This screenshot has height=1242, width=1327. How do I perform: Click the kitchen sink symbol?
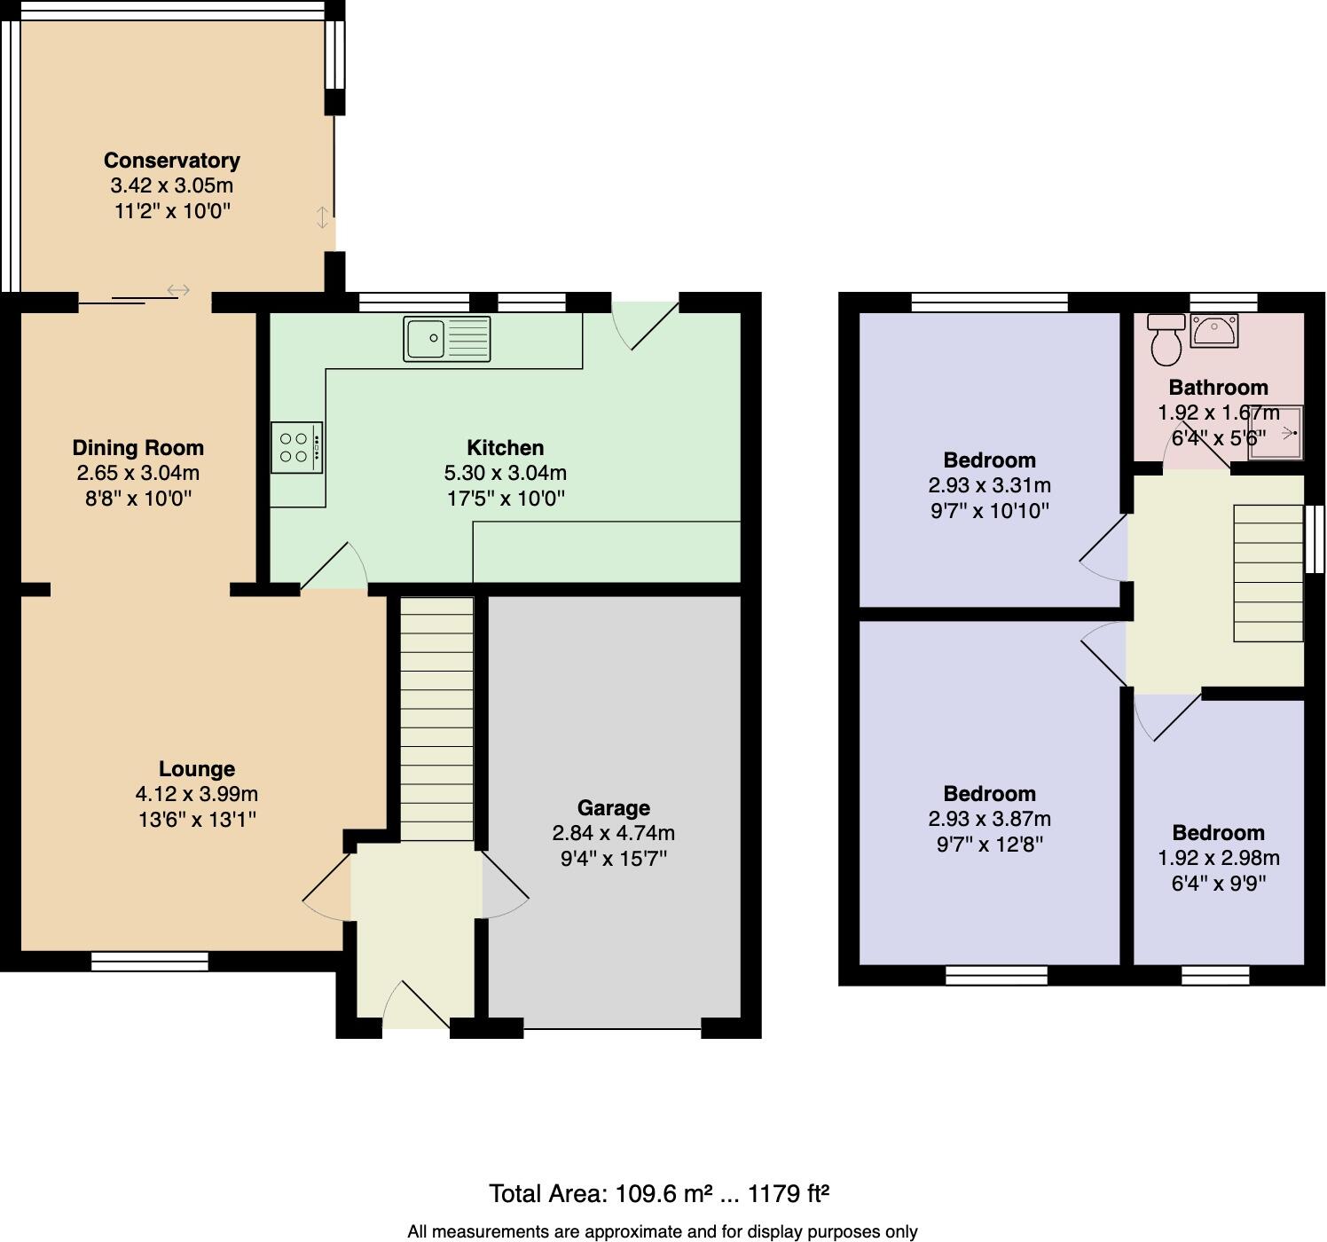446,338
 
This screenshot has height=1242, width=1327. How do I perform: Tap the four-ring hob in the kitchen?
296,447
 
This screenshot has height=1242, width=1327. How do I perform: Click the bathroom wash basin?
1213,332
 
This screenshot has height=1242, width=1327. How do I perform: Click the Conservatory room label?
171,161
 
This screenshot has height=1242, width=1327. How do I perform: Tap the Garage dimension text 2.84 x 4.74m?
613,833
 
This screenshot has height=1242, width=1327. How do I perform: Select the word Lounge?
197,769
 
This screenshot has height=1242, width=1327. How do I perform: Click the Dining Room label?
137,448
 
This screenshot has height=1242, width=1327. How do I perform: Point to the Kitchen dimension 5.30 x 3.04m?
505,473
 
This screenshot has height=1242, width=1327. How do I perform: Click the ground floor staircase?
436,719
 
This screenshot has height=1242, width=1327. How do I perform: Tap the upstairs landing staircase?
1268,572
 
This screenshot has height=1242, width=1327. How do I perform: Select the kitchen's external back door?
646,325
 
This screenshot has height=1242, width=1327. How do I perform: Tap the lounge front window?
149,961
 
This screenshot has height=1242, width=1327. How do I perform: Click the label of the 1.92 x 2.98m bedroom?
1218,832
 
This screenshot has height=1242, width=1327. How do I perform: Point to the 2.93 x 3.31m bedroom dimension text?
989,485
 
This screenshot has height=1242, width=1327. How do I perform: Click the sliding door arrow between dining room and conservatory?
178,290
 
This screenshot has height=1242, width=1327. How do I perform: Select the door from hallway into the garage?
504,885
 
